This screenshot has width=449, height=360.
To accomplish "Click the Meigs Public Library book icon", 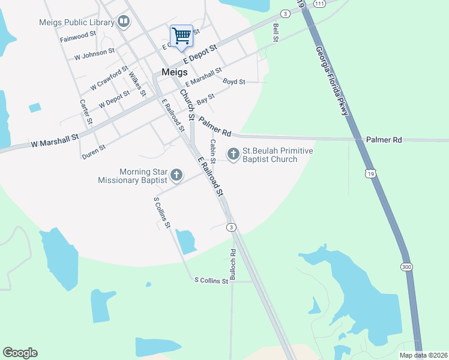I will [x=124, y=23].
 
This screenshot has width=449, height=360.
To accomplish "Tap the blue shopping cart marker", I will [x=181, y=36].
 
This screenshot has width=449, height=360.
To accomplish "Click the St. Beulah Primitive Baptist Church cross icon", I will [x=233, y=155].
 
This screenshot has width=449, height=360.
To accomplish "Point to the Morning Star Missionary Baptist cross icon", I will [x=176, y=175].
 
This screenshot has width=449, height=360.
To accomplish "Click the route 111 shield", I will [x=319, y=4].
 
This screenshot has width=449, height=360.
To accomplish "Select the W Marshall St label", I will [x=55, y=140].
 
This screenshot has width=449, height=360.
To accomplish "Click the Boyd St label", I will [x=234, y=82].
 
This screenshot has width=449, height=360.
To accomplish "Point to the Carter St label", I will [x=85, y=112].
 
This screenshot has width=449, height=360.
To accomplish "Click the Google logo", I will [x=20, y=353].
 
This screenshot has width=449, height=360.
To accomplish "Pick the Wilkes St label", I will [x=137, y=85].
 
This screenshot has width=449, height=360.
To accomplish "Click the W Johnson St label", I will [x=94, y=55].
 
